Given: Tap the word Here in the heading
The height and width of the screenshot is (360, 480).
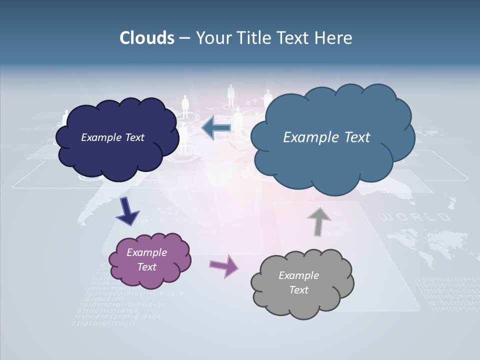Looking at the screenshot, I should [x=334, y=38].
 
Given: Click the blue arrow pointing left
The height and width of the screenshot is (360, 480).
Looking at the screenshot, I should [x=216, y=128].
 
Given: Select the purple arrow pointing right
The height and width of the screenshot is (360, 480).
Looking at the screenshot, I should [x=223, y=265].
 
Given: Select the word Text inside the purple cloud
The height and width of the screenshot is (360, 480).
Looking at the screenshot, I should [x=147, y=267].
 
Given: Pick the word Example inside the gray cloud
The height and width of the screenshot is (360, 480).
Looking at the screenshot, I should [x=298, y=275].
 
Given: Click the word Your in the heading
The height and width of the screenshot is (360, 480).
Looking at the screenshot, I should [x=214, y=38].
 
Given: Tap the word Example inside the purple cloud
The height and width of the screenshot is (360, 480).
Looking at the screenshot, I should [x=147, y=252].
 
